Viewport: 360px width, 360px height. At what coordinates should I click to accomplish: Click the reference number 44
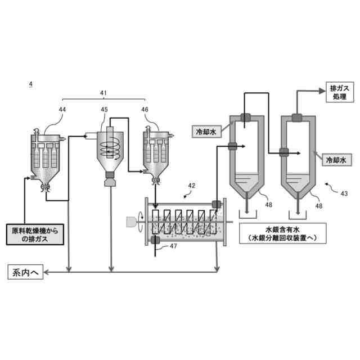61,109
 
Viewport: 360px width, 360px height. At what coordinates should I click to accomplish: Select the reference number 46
145,109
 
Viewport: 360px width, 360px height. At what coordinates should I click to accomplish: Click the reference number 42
192,185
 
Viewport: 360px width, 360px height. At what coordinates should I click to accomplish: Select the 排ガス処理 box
337,93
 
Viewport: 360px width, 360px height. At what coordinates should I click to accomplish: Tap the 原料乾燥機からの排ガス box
34,234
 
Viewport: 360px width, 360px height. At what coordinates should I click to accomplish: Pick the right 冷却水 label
337,160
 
